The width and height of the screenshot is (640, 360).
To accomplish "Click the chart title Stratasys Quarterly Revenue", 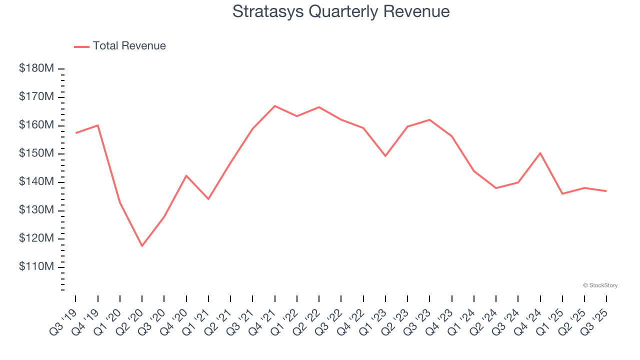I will point(341,11).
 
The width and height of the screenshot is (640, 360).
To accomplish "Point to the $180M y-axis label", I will point(36,68).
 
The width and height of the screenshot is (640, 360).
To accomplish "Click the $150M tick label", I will point(36,153).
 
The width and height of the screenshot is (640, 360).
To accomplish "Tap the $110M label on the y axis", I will point(36,267).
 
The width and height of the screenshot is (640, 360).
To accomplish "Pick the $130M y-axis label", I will point(36,210).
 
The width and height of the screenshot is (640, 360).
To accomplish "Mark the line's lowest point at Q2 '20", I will point(142,246).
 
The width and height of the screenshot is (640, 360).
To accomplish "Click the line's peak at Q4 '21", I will point(275,106).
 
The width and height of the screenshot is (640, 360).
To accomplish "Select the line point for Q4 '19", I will point(98,125).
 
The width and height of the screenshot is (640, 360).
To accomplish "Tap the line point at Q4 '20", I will point(186,175).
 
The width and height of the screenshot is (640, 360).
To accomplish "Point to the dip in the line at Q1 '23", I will point(385,156).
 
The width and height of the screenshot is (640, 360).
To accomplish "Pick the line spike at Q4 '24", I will point(540,153).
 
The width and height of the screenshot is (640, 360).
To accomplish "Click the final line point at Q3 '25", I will point(606,191).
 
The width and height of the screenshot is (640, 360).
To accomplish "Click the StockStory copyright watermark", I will point(600,285).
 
